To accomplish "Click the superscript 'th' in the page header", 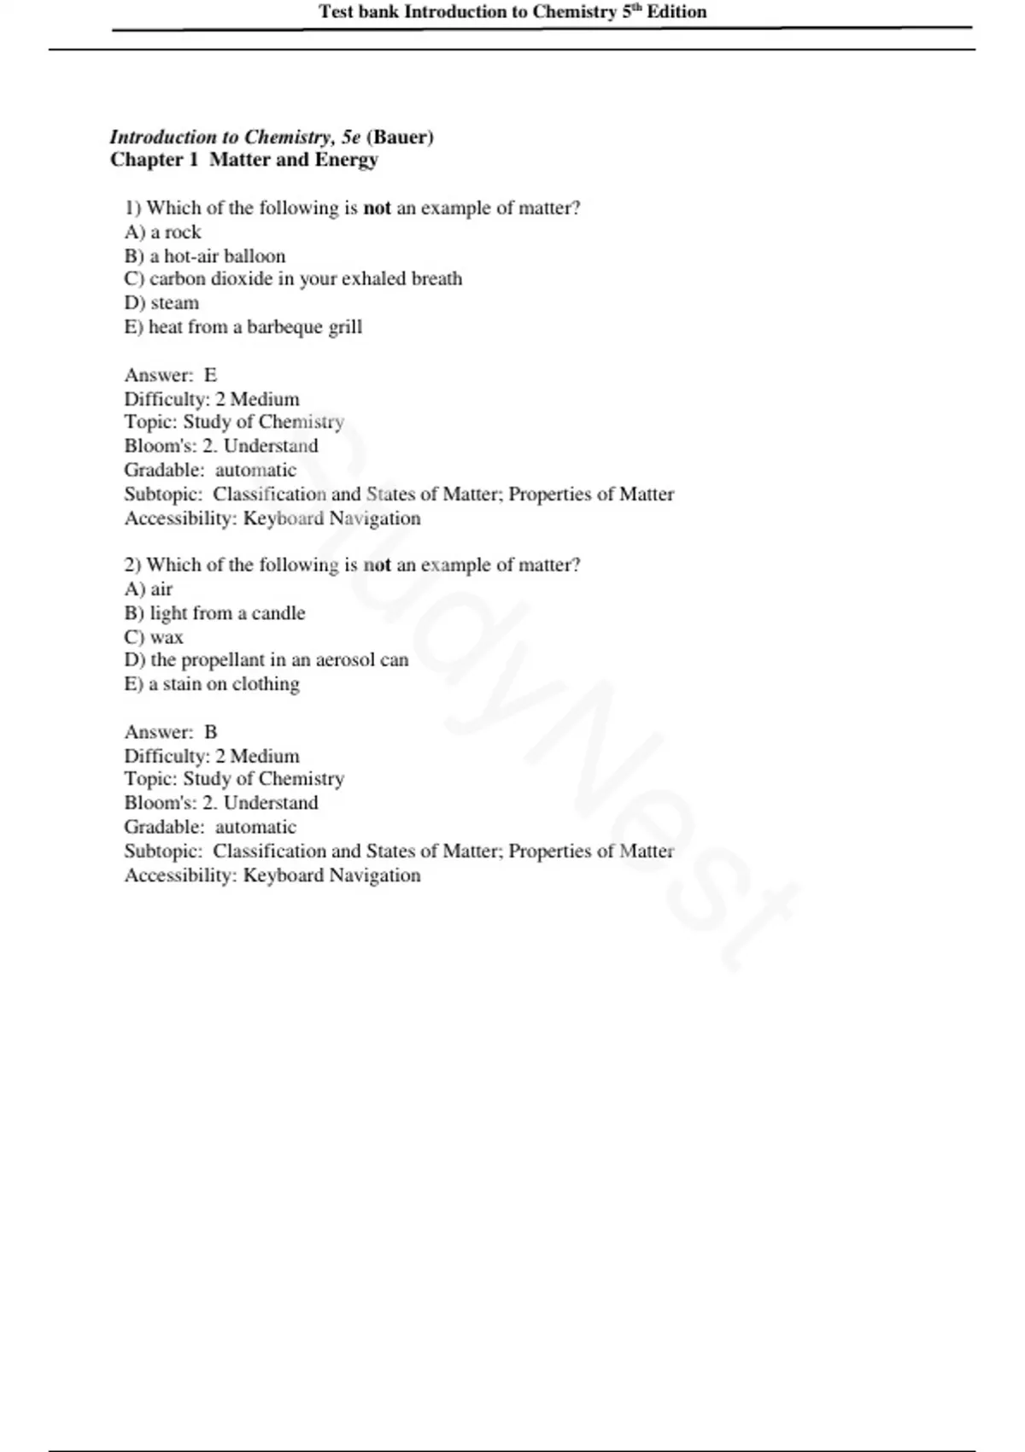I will (636, 8).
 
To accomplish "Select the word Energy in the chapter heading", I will (346, 160).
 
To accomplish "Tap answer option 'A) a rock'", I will (162, 232).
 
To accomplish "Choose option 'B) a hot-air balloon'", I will (205, 256).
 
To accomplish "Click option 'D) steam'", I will (161, 303).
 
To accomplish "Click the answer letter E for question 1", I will (210, 375).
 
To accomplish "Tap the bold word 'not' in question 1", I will (377, 208).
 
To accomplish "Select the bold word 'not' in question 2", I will (377, 565).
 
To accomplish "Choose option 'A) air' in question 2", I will (149, 589).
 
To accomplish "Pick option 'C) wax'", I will (154, 637).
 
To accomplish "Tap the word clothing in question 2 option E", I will (266, 684).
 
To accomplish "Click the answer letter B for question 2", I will (210, 732).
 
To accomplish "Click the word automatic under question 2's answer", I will (255, 827).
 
